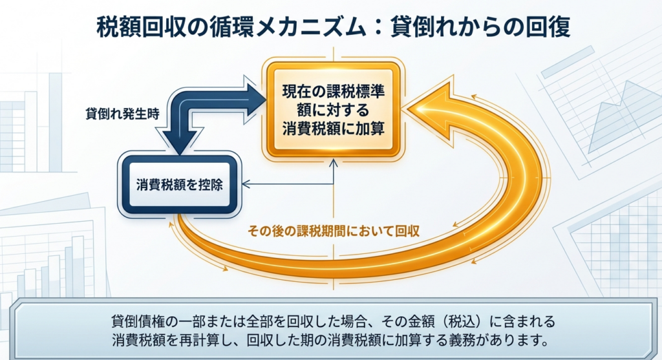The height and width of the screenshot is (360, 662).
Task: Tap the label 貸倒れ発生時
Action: (122, 112)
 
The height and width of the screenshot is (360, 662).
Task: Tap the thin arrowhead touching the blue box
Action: (246, 185)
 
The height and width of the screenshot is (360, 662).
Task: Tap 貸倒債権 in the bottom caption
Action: (138, 321)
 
